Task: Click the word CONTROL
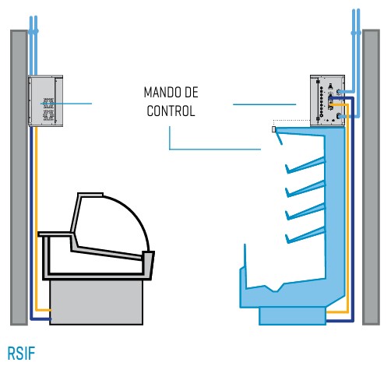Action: click(171, 111)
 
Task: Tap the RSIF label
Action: click(21, 353)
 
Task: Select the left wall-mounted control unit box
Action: click(45, 100)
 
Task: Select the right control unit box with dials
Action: click(327, 100)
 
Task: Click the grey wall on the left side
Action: click(19, 178)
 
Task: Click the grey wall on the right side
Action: click(371, 177)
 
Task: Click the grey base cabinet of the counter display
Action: click(96, 302)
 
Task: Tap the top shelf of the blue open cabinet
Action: click(305, 165)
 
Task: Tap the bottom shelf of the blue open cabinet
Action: click(305, 235)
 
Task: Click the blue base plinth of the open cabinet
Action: click(293, 316)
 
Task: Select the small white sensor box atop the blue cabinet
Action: click(273, 129)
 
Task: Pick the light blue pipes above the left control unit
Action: click(33, 46)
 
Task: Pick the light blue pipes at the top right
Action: click(356, 62)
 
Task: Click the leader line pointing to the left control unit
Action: click(66, 104)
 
